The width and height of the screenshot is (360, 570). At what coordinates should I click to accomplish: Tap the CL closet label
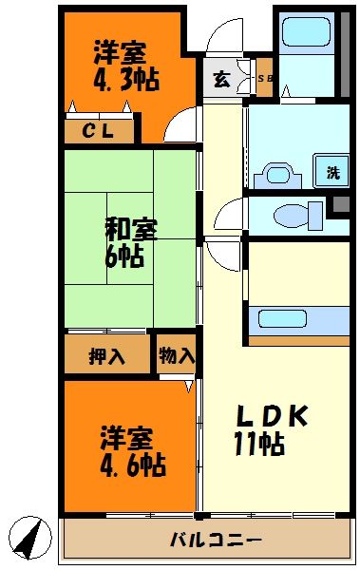click(99, 131)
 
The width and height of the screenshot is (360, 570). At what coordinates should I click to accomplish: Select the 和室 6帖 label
click(130, 242)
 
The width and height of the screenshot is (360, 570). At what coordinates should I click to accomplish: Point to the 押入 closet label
click(106, 356)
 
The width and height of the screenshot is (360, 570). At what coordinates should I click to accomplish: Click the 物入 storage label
click(177, 356)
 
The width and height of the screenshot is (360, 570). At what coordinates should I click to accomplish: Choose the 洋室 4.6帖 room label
click(132, 451)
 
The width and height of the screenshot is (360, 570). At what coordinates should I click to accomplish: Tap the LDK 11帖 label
click(271, 429)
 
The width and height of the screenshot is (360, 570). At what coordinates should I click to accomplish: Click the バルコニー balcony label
click(216, 541)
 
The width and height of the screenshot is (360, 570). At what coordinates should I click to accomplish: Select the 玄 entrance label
click(220, 80)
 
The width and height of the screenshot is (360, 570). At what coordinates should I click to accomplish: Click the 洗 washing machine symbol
click(332, 172)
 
